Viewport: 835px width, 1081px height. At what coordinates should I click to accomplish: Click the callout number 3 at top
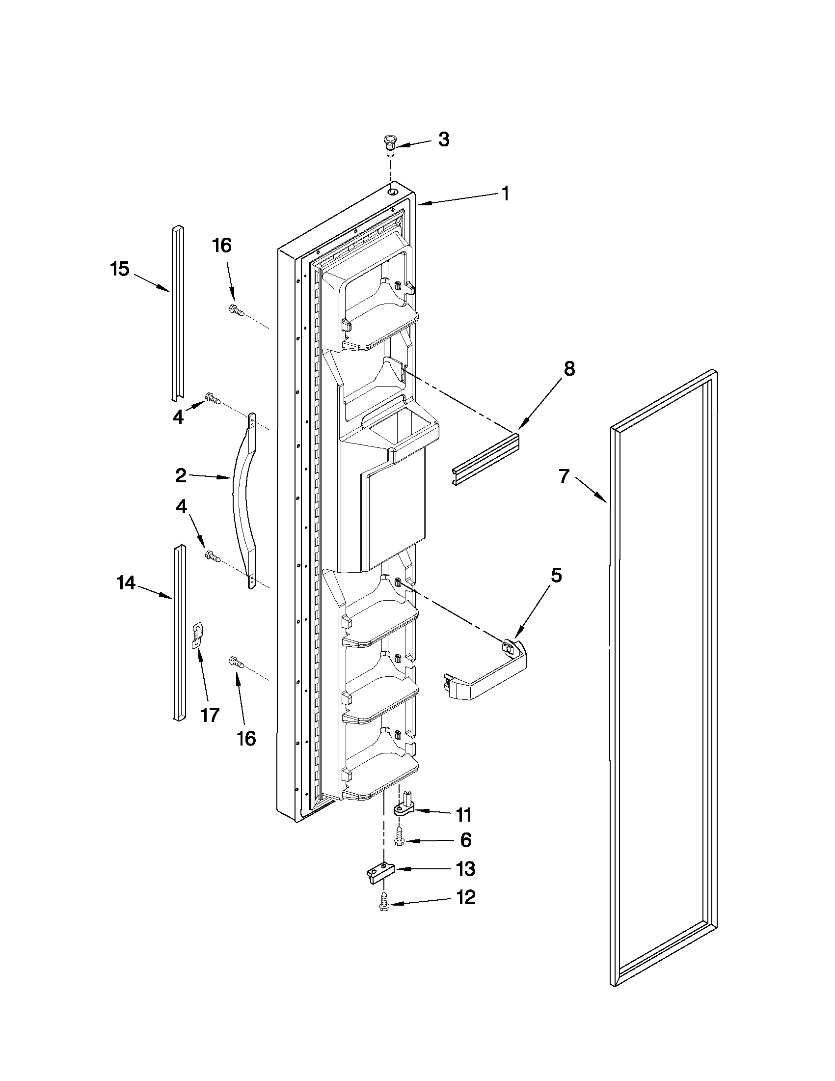pos(444,140)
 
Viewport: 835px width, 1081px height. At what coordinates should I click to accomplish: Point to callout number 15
pos(119,270)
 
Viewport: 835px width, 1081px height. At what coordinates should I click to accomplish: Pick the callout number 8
pos(569,369)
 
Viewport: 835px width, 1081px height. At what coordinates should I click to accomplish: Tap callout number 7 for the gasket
pos(565,476)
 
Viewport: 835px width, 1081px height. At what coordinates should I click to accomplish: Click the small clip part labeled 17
pos(198,635)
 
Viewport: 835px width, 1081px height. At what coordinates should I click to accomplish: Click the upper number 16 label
pos(222,246)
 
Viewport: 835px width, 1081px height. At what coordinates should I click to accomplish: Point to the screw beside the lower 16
pos(236,662)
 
